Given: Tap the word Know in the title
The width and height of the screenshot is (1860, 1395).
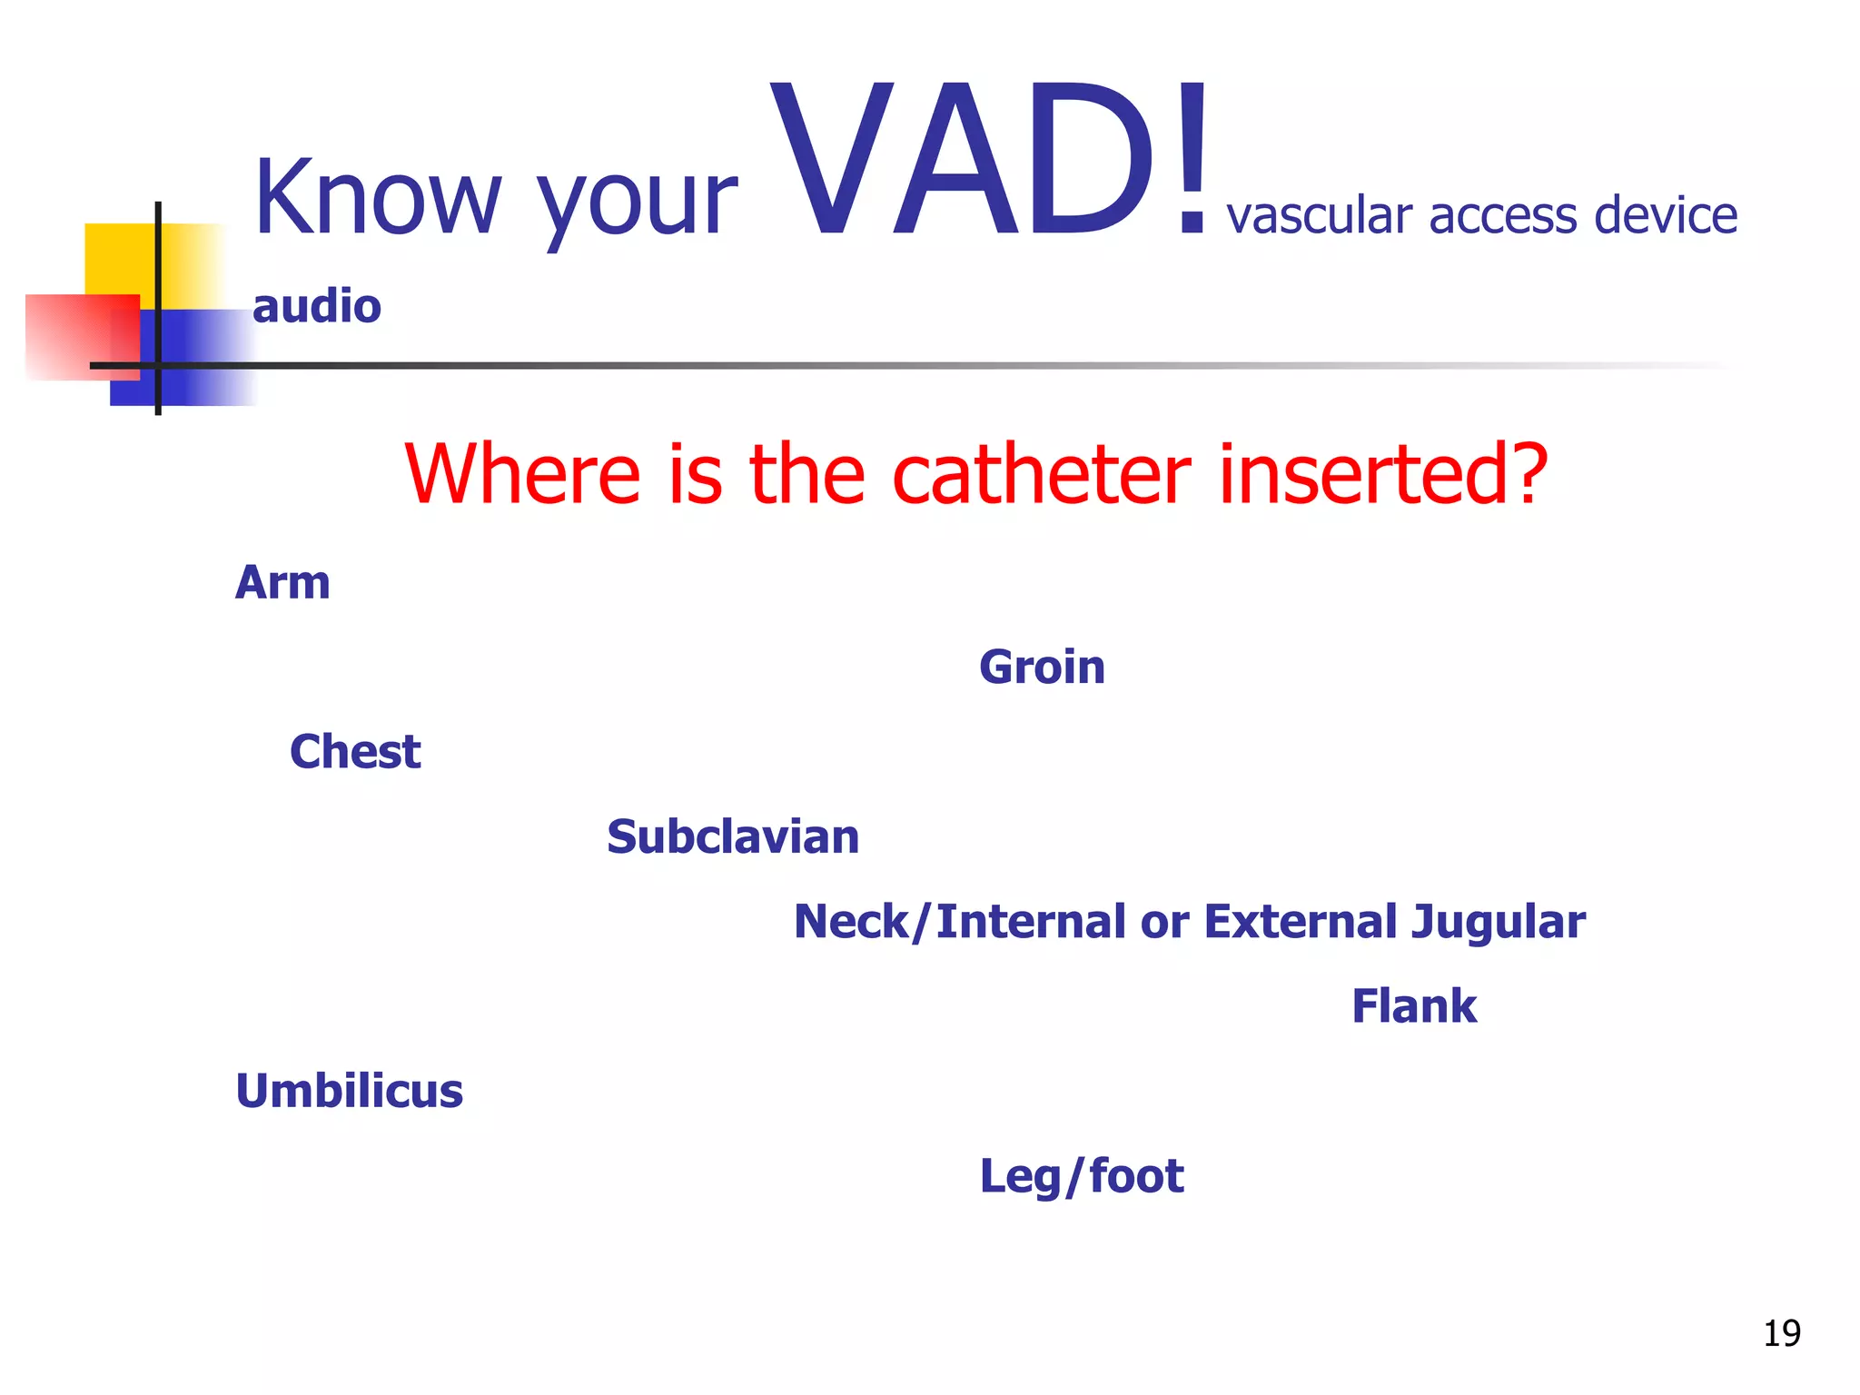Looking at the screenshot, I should pos(377,197).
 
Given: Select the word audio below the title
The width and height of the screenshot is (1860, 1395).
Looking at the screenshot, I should pos(316,306).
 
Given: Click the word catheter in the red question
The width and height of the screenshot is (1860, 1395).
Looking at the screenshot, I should pos(1041,473).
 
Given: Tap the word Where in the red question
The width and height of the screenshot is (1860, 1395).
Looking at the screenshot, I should pos(522,473).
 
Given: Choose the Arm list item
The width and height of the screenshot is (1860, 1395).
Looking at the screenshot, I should pos(282,582).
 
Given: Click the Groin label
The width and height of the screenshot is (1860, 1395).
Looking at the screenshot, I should pos(1042,668).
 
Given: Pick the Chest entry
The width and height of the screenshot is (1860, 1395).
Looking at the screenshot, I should pos(355,752).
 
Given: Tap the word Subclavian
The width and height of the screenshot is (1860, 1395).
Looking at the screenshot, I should pos(733,836).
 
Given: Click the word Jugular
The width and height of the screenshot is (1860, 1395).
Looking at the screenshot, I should pos(1498,922).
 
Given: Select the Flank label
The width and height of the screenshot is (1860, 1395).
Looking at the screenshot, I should pos(1414,1006).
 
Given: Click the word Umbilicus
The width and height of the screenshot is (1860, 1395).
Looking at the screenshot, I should pos(350,1091).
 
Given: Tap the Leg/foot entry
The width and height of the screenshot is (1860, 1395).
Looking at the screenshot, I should pos(1082,1176).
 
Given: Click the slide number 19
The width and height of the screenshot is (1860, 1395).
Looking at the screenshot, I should pos(1781,1333).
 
